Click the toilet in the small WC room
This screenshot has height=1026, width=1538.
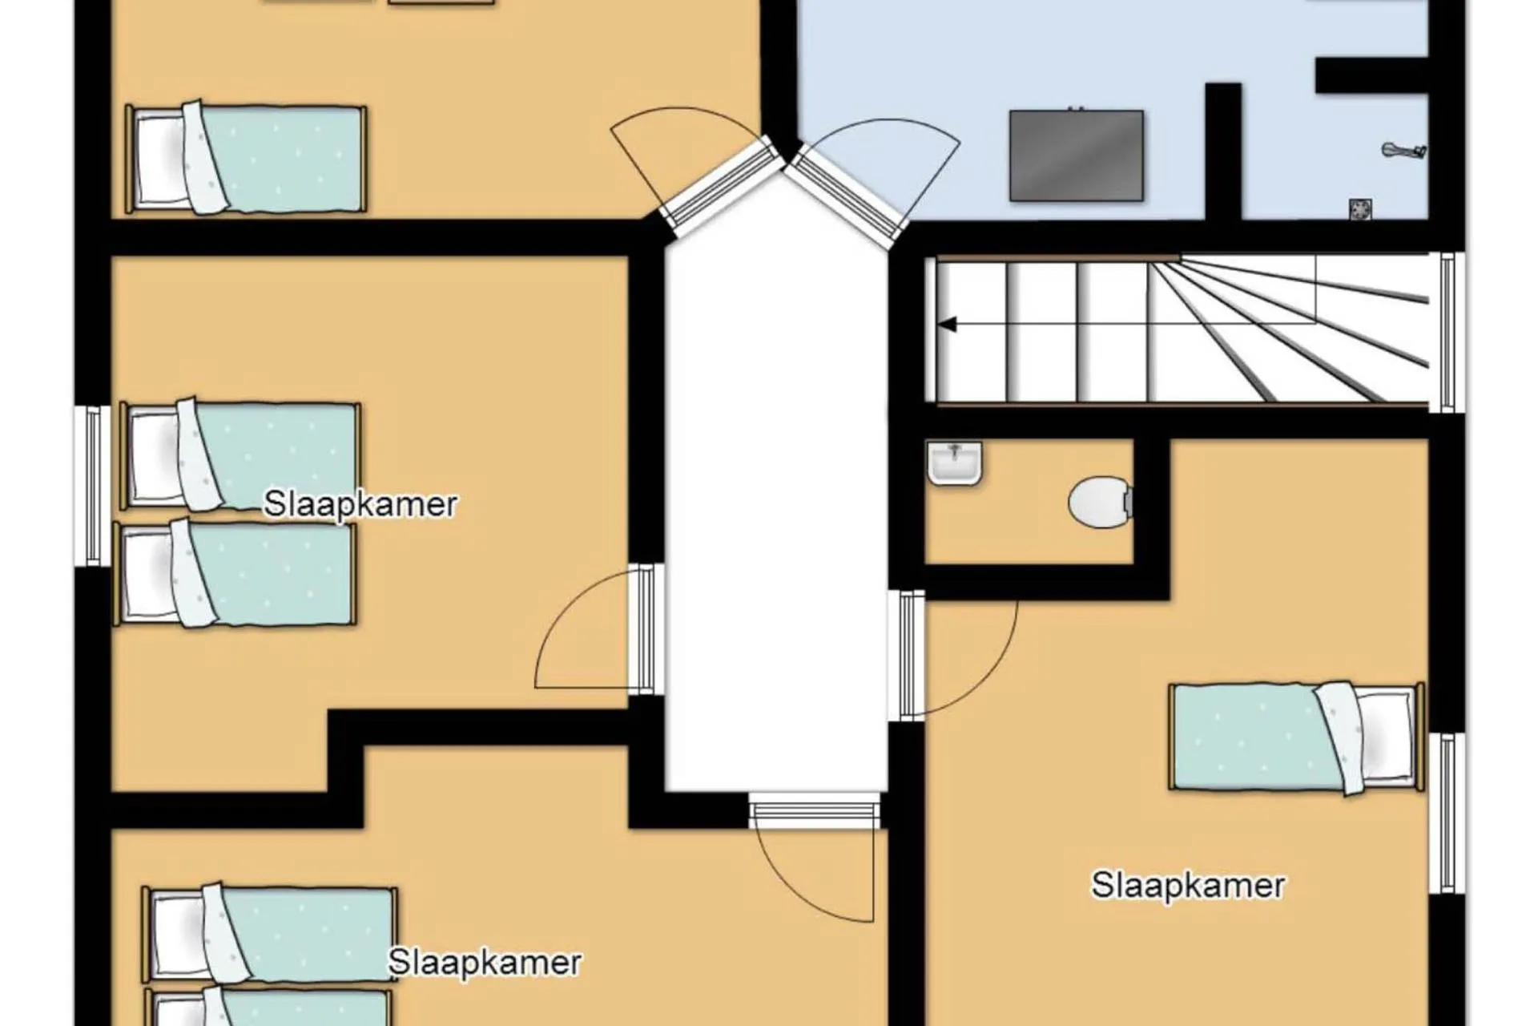coord(1101,503)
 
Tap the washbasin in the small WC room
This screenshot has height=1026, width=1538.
coord(954,463)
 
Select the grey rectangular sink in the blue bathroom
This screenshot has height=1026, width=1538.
coord(1076,156)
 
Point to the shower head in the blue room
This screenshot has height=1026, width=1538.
coord(1404,150)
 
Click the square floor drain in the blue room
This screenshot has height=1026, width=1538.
coord(1360,209)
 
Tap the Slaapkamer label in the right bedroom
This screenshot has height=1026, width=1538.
coord(1188,886)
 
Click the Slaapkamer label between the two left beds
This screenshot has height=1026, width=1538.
coord(360,505)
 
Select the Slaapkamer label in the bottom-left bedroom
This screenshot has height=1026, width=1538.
coord(485,963)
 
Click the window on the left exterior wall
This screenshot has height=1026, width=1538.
coord(93,486)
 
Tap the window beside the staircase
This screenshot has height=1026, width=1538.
coord(1447,333)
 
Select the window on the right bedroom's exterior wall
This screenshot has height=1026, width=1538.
coord(1447,814)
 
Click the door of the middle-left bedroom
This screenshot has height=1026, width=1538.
coord(597,628)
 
